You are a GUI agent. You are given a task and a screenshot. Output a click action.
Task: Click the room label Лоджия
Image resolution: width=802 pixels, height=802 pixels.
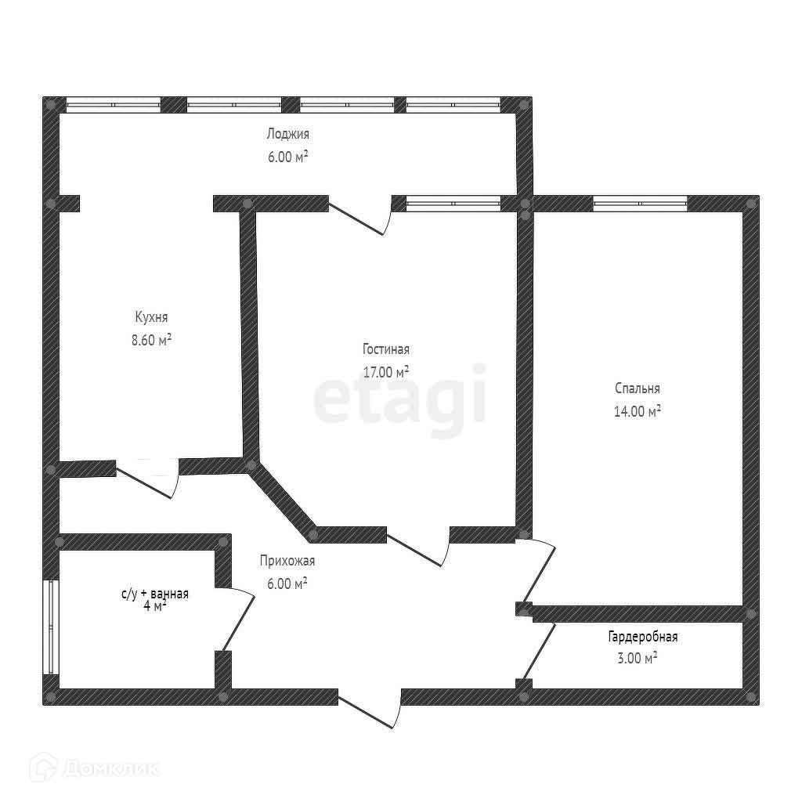[287, 134]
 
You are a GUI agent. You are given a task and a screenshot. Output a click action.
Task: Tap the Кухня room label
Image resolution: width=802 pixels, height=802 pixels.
[151, 317]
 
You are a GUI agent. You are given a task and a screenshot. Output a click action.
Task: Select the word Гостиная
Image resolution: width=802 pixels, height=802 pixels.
[386, 349]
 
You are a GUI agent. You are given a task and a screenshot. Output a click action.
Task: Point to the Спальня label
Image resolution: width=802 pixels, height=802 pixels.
[638, 388]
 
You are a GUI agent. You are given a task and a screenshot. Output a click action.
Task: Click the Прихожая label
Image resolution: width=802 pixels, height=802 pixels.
[287, 561]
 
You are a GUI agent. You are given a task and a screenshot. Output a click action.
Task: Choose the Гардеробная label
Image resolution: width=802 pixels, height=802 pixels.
[642, 637]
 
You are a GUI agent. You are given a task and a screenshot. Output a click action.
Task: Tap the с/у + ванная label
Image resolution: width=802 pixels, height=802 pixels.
[154, 594]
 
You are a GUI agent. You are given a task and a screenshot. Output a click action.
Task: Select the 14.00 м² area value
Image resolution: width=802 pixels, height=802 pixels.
[638, 410]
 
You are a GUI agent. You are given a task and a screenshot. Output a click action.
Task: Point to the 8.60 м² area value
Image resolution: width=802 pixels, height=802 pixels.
[151, 340]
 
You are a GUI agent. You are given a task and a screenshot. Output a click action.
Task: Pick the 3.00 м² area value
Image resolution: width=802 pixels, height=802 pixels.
[637, 659]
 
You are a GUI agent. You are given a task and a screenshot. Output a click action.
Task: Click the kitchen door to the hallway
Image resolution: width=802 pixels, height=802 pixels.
[149, 479]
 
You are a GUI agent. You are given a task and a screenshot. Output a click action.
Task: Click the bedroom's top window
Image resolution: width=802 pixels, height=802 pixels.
[640, 204]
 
